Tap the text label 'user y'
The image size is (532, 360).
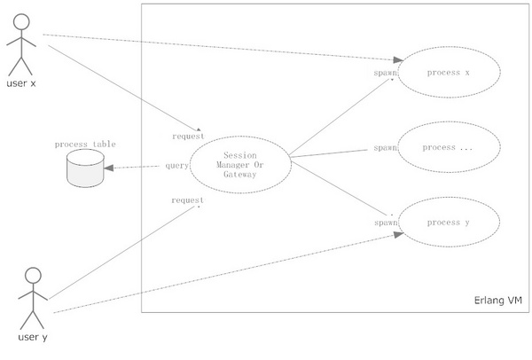pyautogui.click(x=34, y=337)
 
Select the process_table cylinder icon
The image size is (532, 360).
pyautogui.click(x=85, y=168)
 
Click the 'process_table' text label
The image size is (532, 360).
pyautogui.click(x=85, y=144)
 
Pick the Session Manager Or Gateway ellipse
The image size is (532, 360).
pyautogui.click(x=239, y=164)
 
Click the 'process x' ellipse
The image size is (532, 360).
pyautogui.click(x=448, y=72)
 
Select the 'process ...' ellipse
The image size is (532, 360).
pyautogui.click(x=448, y=147)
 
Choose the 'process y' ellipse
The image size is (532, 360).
pyautogui.click(x=448, y=223)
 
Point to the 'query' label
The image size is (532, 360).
pyautogui.click(x=176, y=166)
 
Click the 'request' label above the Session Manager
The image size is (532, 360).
pyautogui.click(x=188, y=136)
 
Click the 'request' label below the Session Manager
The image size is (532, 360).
pyautogui.click(x=188, y=200)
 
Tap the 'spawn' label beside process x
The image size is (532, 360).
pyautogui.click(x=385, y=72)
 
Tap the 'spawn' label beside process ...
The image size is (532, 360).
pyautogui.click(x=385, y=147)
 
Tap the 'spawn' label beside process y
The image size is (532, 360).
pyautogui.click(x=385, y=223)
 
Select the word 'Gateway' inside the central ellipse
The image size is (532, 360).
pyautogui.click(x=239, y=175)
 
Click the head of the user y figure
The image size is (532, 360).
pyautogui.click(x=33, y=274)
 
